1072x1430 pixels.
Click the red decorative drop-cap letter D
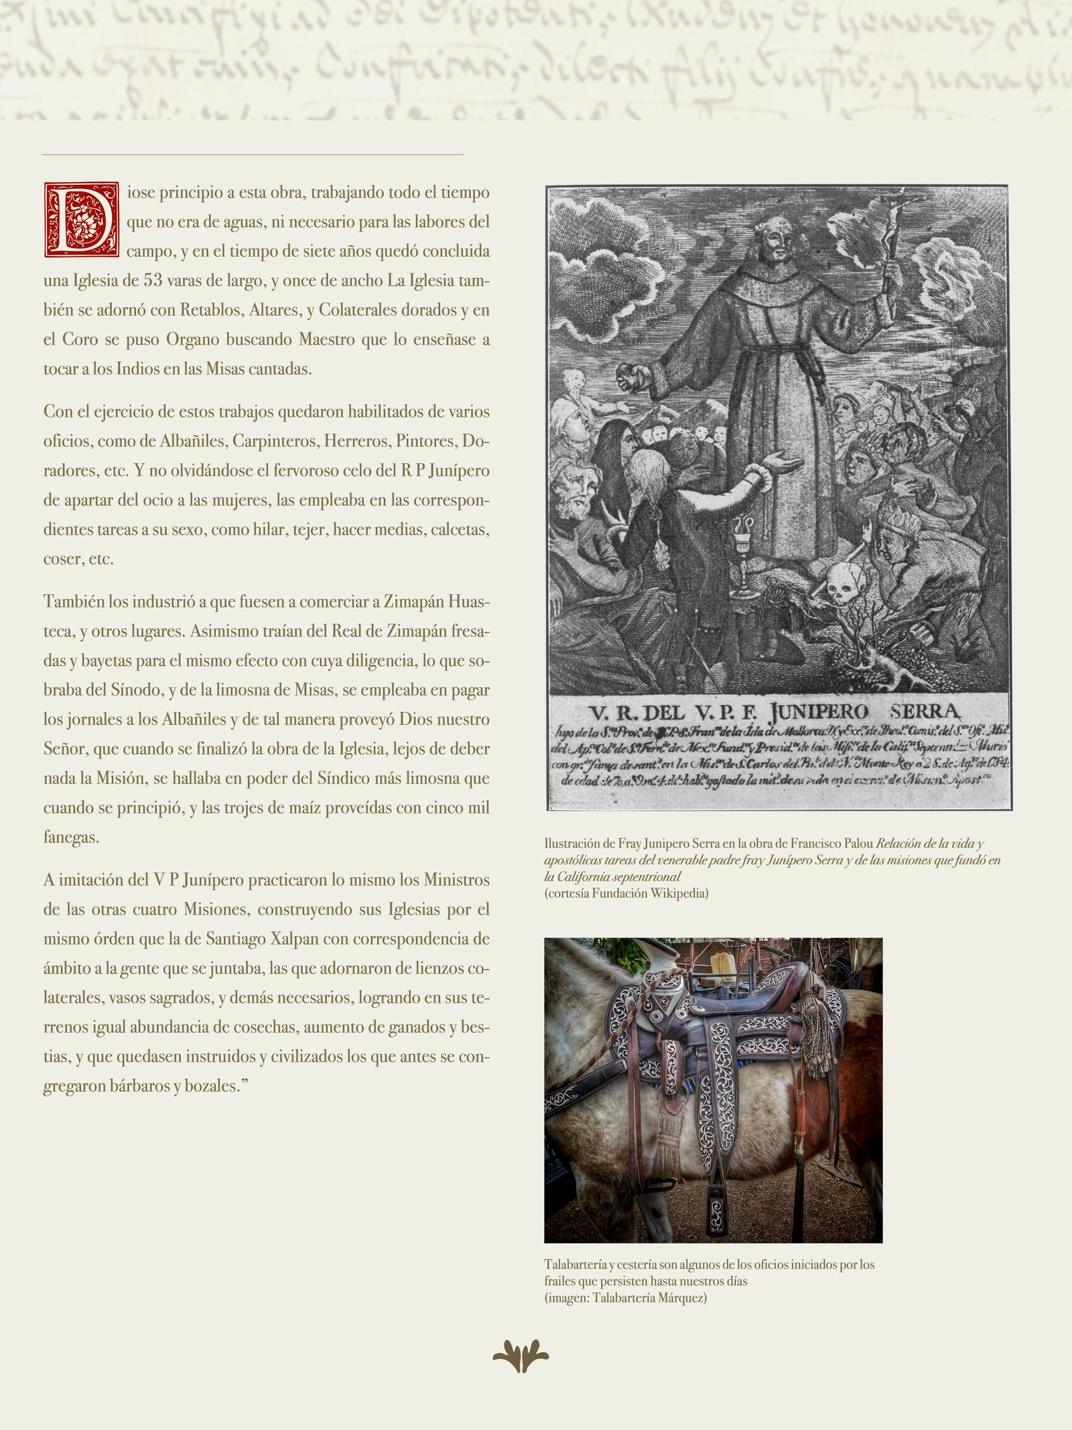coord(81,219)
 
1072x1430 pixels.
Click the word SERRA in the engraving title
coord(925,712)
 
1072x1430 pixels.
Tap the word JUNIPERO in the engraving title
coord(818,712)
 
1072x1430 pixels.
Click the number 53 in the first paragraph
coord(153,280)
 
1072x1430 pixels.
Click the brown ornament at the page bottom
coord(521,1356)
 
